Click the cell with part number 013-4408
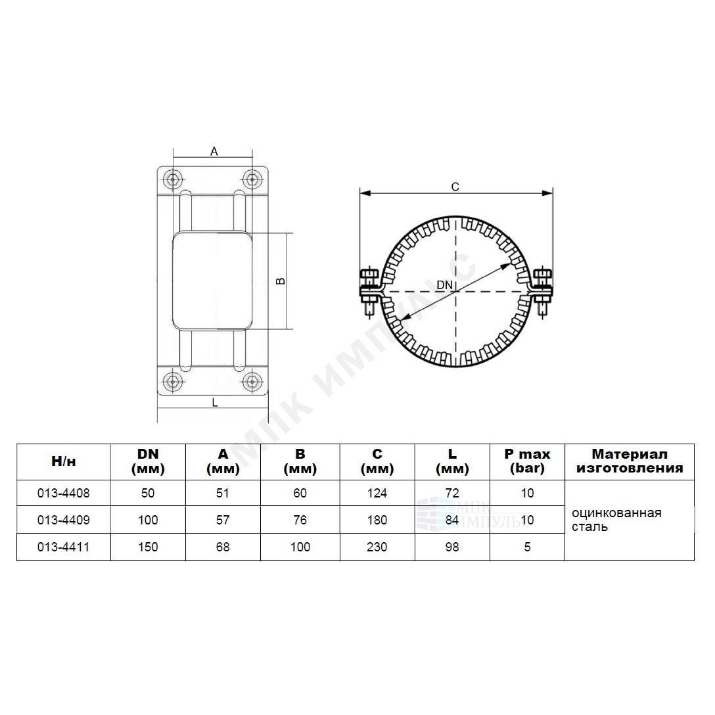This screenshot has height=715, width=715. pos(63,493)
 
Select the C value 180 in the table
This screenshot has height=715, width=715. pos(377,520)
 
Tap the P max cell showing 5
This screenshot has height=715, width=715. pos(527,547)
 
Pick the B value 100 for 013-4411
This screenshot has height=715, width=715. pos(300,547)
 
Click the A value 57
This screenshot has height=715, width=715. pos(223,520)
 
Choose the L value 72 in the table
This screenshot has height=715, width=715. pos(452,493)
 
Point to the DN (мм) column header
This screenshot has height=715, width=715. pos(148,461)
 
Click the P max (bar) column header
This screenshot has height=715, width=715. pos(527,461)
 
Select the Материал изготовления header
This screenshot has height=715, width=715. pos(630,461)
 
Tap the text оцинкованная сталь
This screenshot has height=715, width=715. pos(616,520)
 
